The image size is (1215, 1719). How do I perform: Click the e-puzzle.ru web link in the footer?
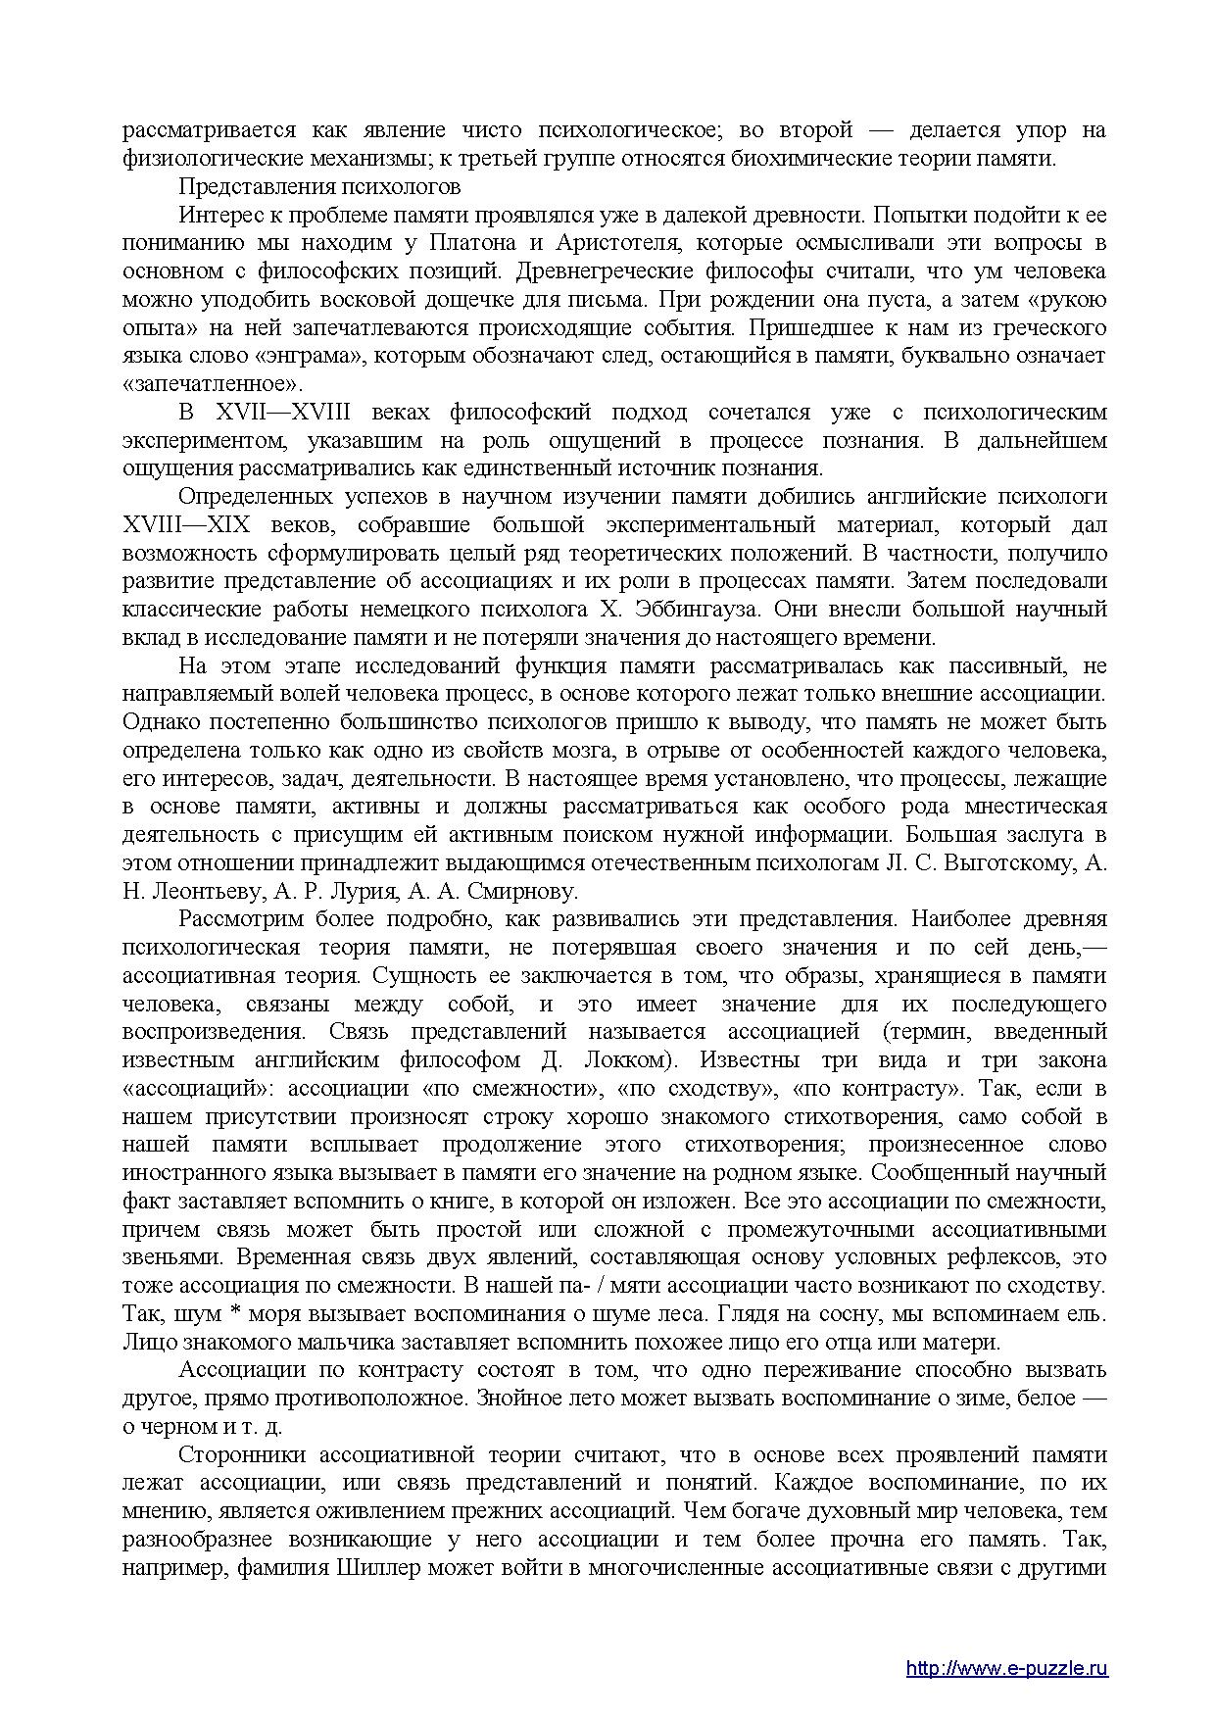click(1006, 1641)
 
